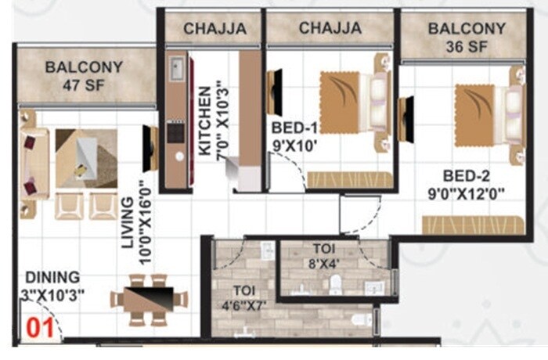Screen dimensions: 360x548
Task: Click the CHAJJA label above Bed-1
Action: tap(330, 28)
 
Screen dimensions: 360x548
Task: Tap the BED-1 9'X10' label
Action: tap(296, 135)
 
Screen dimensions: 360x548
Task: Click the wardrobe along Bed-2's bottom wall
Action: tap(472, 225)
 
